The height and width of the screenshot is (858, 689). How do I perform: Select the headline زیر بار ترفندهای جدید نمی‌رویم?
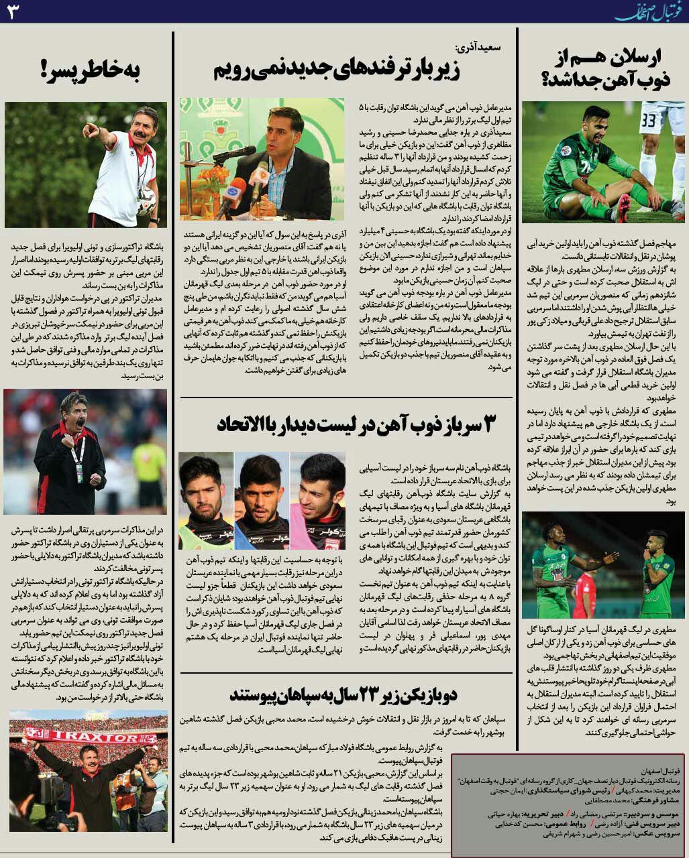click(337, 70)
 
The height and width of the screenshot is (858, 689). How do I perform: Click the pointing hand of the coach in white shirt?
click(90, 129)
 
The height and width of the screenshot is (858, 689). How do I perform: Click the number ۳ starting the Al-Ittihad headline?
click(491, 424)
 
